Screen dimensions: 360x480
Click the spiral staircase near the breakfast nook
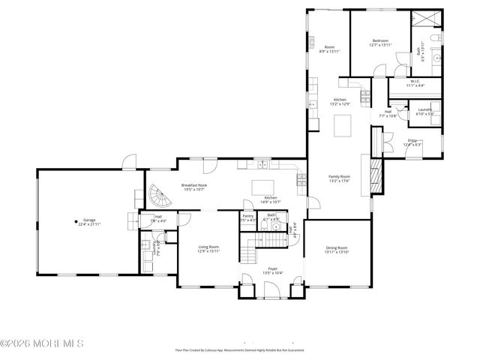click(x=155, y=199)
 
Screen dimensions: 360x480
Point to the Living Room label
click(x=208, y=249)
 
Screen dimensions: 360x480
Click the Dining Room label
click(x=337, y=250)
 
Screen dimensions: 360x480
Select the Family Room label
click(x=340, y=178)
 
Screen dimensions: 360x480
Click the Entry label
click(x=412, y=142)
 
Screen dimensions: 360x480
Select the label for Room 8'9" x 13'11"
click(x=329, y=49)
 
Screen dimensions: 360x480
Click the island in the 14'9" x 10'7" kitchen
click(x=262, y=187)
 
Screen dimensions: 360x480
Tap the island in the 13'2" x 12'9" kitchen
click(x=343, y=125)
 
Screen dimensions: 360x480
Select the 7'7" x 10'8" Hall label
click(x=390, y=114)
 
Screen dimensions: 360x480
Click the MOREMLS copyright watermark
click(x=43, y=343)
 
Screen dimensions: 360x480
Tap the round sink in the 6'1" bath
click(x=275, y=228)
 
